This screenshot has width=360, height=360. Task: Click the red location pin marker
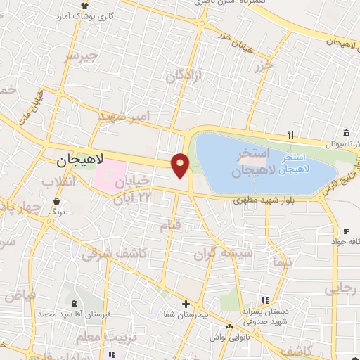[181, 165]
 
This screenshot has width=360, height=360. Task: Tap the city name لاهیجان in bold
[79, 161]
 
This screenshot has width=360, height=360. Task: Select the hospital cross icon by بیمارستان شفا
[185, 304]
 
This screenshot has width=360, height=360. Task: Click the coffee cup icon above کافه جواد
[347, 231]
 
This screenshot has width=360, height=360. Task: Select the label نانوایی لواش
[229, 337]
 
